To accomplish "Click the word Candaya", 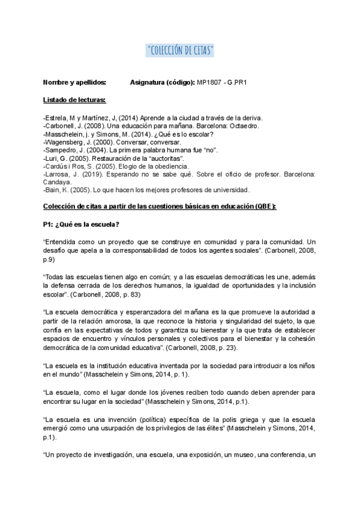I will point(58,181).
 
